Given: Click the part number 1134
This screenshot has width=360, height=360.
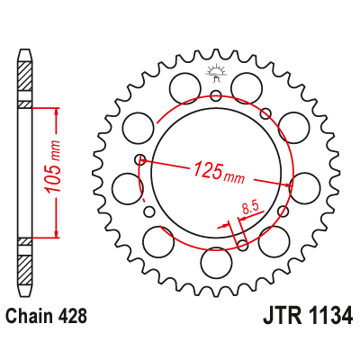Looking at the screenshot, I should click(x=327, y=317).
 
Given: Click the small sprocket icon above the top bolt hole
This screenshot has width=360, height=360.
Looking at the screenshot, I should click(x=215, y=74).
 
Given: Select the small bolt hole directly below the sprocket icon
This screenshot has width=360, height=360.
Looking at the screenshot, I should click(x=216, y=96).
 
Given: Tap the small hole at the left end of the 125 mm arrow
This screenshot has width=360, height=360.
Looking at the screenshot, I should click(x=139, y=160).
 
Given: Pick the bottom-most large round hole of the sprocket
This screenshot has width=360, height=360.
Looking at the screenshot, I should click(x=216, y=263).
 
